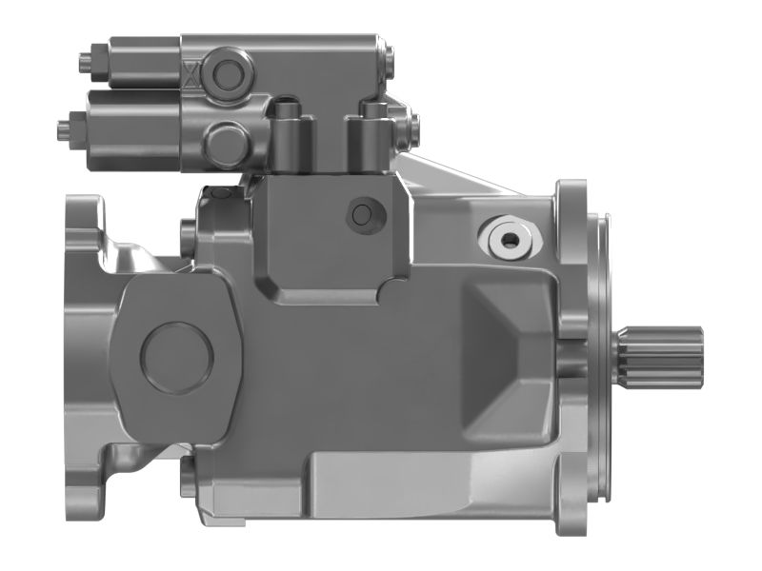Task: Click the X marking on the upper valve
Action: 193,72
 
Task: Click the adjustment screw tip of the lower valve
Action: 63,123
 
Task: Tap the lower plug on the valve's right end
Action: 412,124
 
